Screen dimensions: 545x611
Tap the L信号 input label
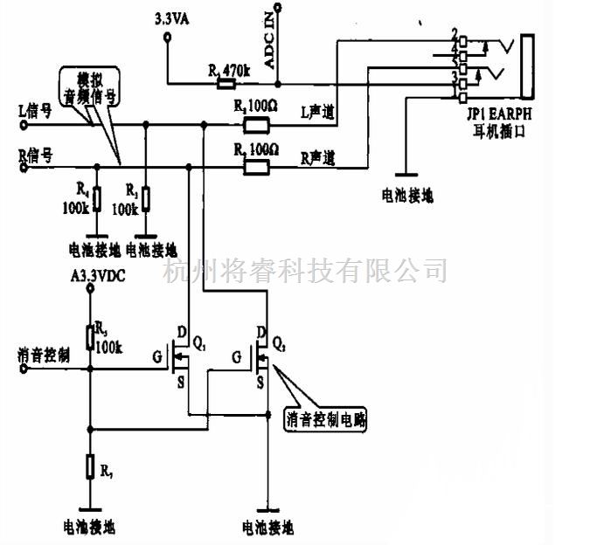[x=36, y=111]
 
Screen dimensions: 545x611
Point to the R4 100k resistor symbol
[x=97, y=199]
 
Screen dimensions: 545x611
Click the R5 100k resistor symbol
[x=89, y=337]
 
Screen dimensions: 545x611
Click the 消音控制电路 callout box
[x=327, y=419]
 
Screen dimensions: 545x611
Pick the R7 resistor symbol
[x=89, y=466]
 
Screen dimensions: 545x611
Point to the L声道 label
[x=318, y=112]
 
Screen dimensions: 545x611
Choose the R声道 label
[x=318, y=157]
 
